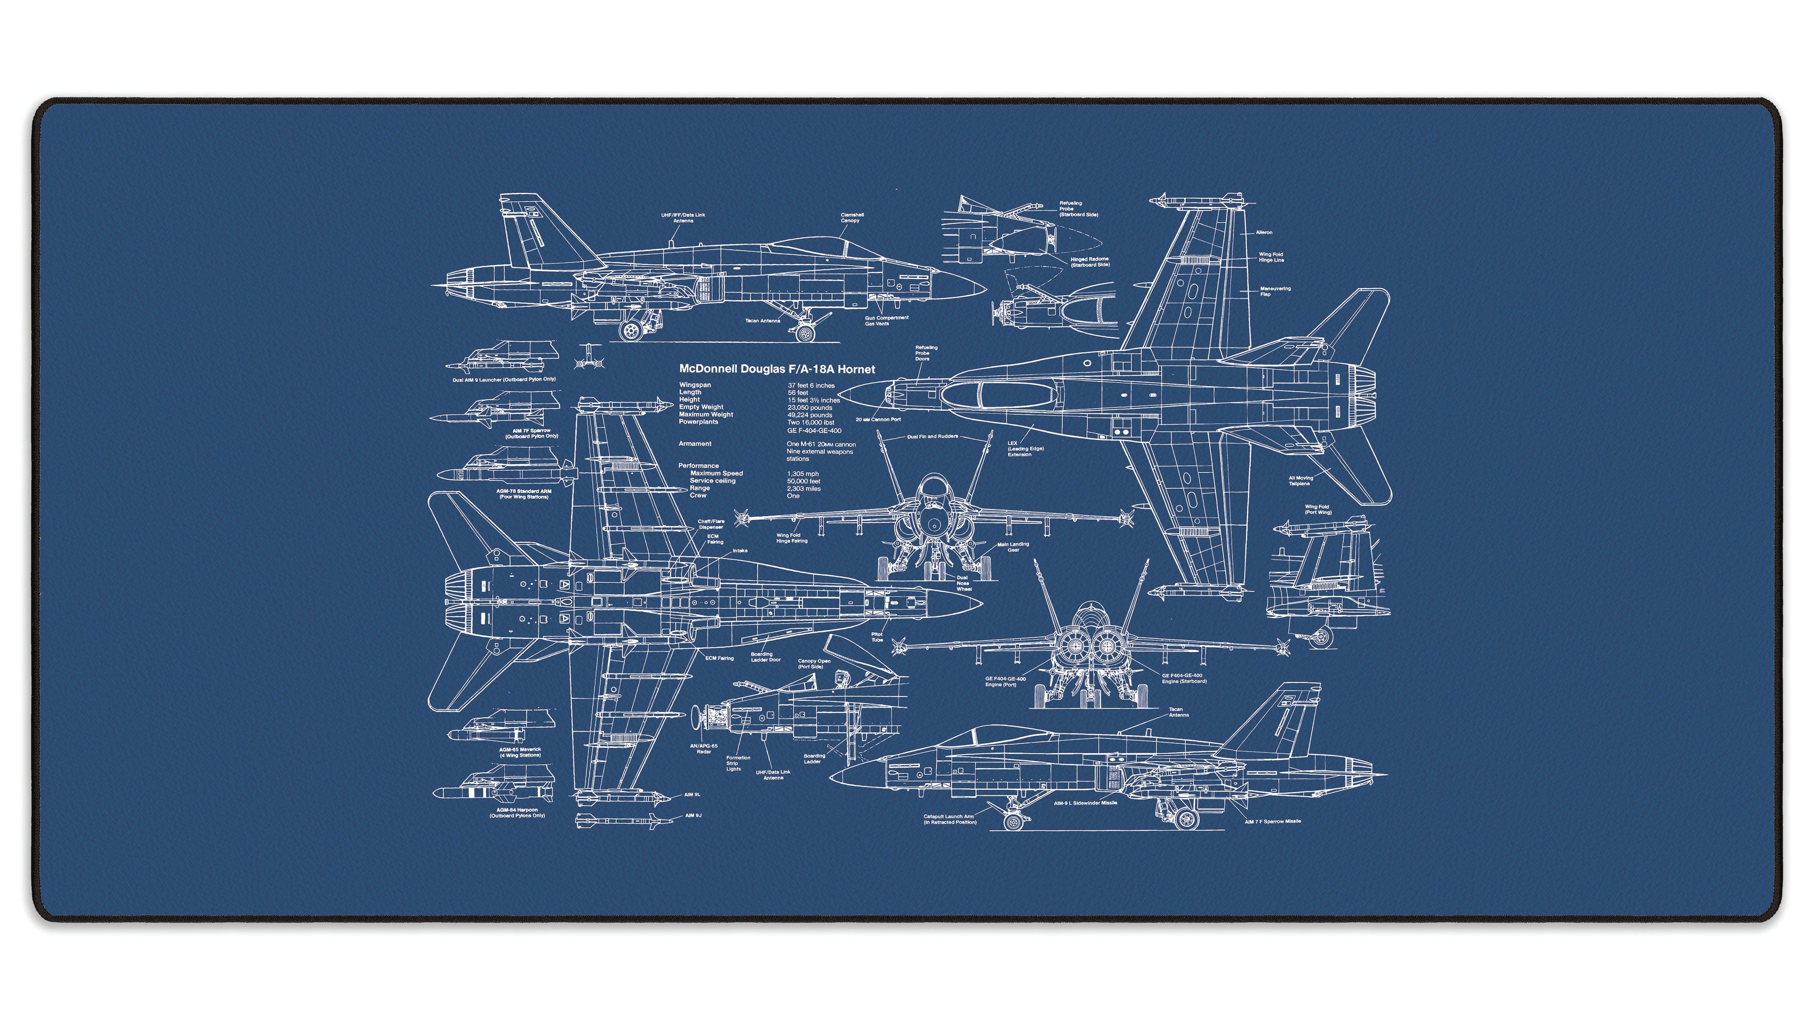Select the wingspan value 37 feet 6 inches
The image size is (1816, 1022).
pos(811,386)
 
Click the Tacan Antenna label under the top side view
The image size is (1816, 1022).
pos(763,321)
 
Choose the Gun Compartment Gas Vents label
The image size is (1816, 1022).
pos(886,321)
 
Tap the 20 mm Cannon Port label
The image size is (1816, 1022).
pos(878,420)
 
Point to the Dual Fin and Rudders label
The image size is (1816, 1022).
pos(932,437)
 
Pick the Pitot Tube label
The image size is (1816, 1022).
pos(876,637)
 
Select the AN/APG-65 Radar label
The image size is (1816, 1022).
pos(704,749)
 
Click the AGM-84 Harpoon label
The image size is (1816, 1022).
pos(517,812)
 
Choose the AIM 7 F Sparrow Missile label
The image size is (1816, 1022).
pos(1273,822)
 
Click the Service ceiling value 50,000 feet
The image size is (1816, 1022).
pos(803,481)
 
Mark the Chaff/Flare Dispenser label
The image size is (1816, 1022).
pos(711,524)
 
